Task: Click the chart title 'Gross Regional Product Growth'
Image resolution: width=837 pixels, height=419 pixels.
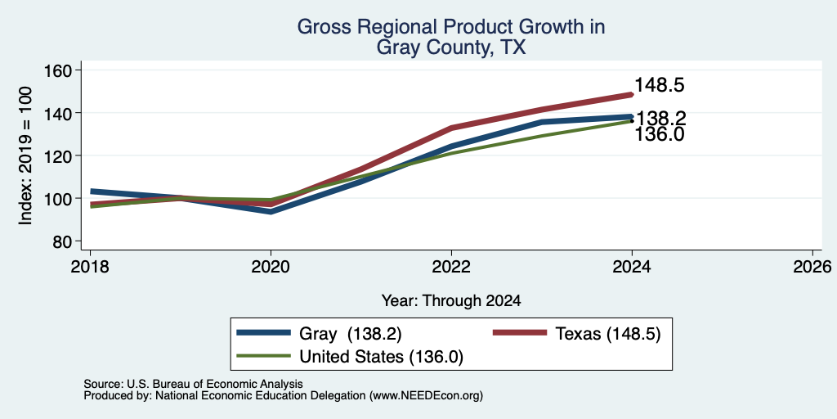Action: tap(451, 27)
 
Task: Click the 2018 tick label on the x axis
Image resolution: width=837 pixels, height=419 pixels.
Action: tap(90, 266)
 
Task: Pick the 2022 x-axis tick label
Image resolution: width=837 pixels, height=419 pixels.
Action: tap(451, 266)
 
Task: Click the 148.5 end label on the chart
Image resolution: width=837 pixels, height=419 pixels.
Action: tap(660, 85)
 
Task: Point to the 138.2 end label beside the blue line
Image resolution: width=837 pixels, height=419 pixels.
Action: tap(661, 118)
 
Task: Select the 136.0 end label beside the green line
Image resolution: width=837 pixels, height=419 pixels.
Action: tap(660, 134)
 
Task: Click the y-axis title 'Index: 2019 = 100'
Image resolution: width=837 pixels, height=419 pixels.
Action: tap(25, 155)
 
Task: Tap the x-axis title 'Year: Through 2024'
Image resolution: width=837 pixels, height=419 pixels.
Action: tap(451, 301)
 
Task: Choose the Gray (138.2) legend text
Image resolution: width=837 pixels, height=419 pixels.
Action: tap(350, 334)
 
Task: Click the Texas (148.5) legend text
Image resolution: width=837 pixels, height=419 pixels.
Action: tap(608, 334)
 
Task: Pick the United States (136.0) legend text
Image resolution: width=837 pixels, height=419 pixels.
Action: tap(381, 357)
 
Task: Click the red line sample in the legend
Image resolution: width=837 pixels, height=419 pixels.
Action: tap(519, 333)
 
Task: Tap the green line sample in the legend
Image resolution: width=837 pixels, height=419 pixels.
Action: tap(264, 356)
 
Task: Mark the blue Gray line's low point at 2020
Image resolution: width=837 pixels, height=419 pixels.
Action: tap(271, 212)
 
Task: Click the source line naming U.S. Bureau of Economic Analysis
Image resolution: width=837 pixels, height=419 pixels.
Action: tap(193, 384)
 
